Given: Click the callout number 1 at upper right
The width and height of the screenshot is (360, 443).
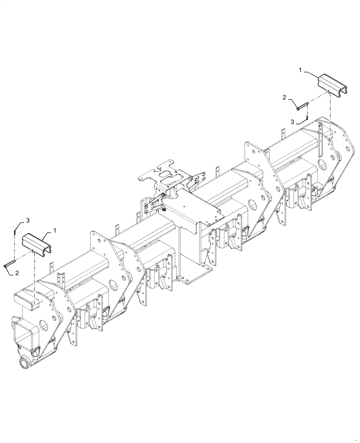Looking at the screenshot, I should [300, 70].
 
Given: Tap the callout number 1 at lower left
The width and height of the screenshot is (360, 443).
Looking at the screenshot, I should [55, 230].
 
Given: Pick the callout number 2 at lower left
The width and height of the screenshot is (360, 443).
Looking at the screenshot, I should [17, 273].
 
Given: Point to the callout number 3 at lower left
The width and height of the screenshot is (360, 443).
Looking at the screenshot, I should [27, 220].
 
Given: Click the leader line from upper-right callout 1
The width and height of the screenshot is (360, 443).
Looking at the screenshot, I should [310, 74].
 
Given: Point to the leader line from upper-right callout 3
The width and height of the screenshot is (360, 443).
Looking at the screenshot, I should [300, 121].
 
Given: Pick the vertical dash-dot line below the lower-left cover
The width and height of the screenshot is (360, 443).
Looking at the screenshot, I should [35, 279].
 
